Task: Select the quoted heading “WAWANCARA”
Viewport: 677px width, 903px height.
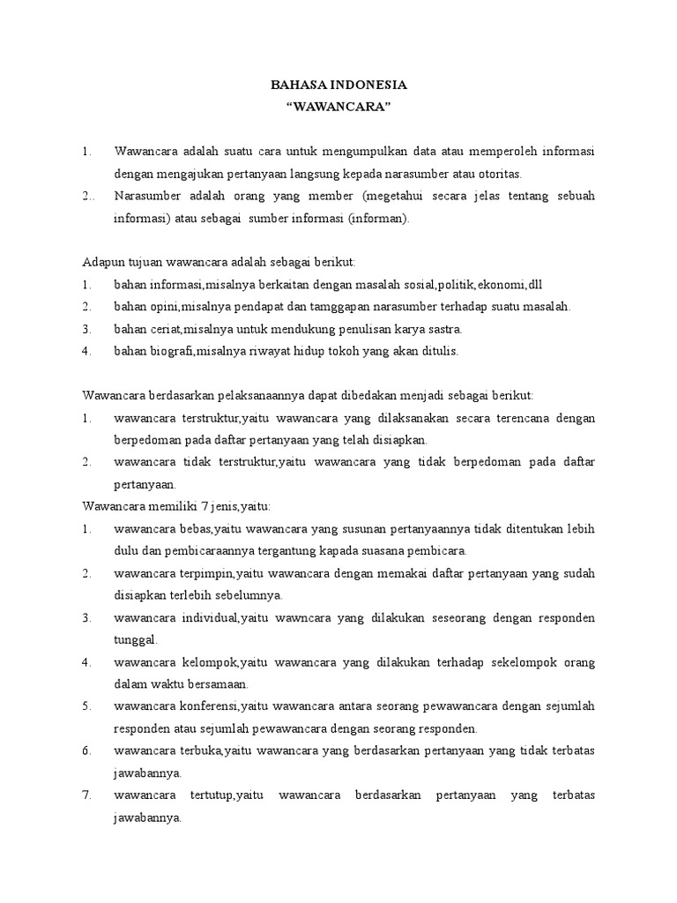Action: pos(339,107)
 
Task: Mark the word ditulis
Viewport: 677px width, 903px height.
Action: pos(438,351)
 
